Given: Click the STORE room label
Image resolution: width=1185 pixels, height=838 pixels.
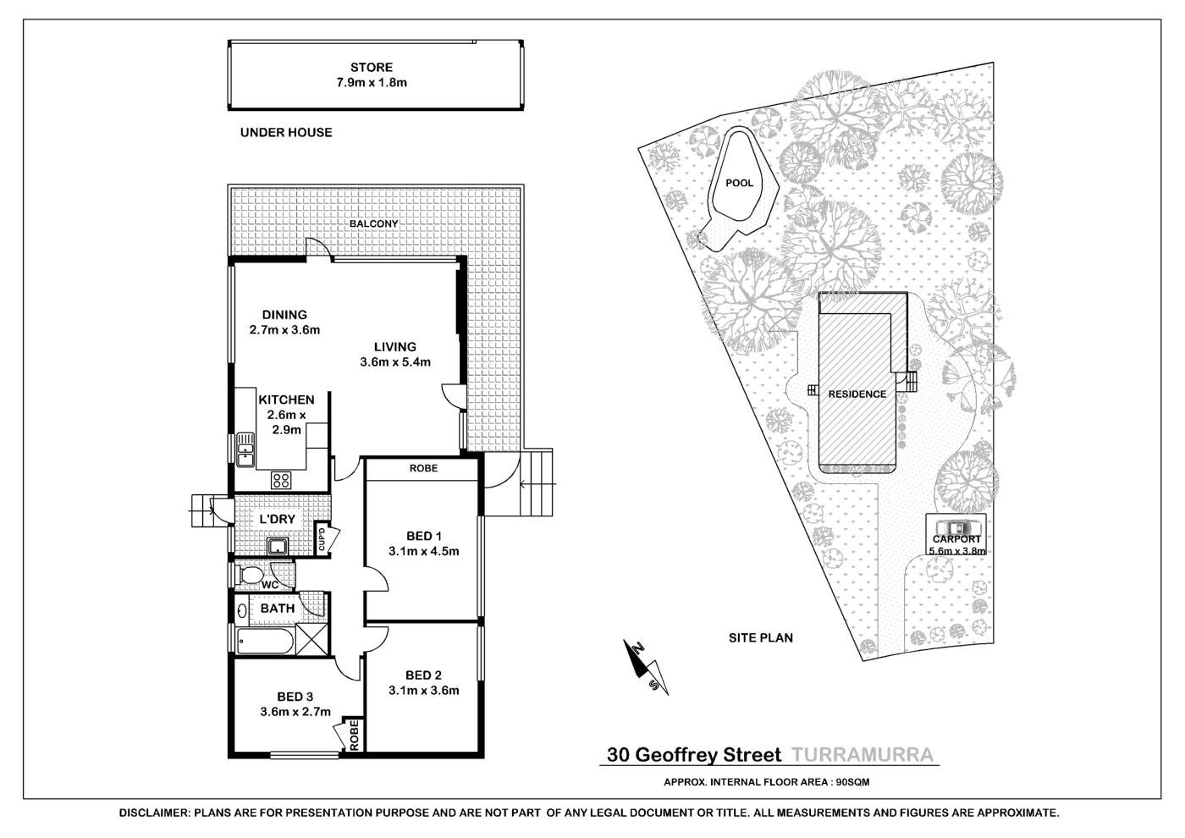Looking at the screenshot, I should click(372, 67).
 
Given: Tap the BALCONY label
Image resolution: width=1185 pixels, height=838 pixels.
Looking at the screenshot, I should click(373, 223).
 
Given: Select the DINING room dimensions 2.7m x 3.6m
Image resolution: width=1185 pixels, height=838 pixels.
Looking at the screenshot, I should click(284, 330).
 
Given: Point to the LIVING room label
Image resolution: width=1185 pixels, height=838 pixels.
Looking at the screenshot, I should click(395, 346).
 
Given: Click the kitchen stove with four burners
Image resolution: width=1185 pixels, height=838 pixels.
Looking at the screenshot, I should click(281, 481).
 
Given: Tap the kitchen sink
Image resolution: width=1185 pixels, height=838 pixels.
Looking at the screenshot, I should click(245, 449).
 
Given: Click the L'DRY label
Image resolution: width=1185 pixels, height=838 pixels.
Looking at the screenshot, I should click(277, 519).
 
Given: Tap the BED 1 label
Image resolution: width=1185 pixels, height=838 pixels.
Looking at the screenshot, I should click(424, 536).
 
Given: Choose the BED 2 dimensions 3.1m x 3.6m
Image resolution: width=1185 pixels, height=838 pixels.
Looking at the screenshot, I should click(423, 690).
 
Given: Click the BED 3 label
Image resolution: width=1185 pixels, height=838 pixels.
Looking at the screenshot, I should click(295, 697).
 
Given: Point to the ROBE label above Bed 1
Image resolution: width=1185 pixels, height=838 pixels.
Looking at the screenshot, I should click(423, 468).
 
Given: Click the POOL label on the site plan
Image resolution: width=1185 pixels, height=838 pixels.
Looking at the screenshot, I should click(739, 183).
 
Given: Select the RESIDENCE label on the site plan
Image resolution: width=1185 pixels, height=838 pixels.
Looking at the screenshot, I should click(857, 394).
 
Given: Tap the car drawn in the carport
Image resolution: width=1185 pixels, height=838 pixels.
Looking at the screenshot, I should click(956, 527).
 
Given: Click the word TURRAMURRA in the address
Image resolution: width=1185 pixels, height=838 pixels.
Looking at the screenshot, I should click(862, 755).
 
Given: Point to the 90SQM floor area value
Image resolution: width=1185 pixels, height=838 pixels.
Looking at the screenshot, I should click(852, 782).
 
